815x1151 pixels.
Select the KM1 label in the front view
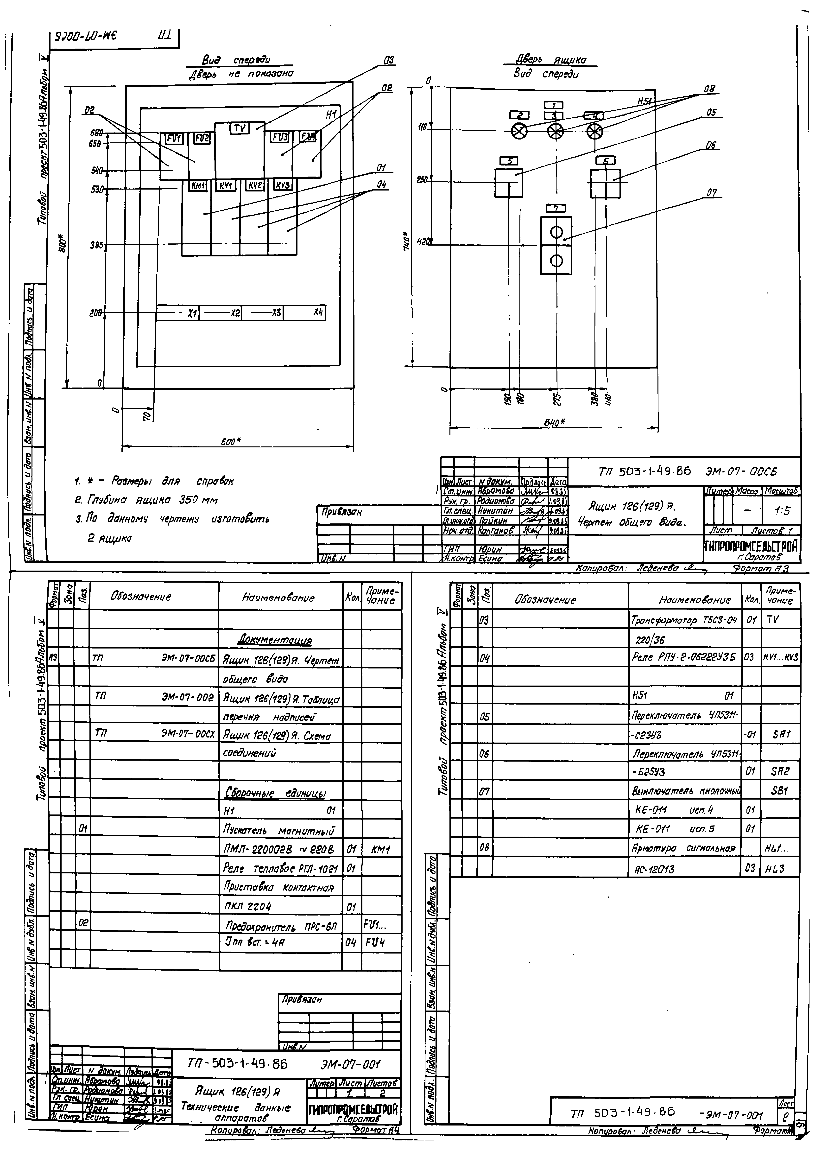pyautogui.click(x=198, y=185)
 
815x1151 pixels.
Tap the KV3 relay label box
pyautogui.click(x=283, y=185)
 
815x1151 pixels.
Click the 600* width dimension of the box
pyautogui.click(x=231, y=441)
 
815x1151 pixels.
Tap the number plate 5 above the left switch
pyautogui.click(x=509, y=161)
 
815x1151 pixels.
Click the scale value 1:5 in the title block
pyautogui.click(x=781, y=511)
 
